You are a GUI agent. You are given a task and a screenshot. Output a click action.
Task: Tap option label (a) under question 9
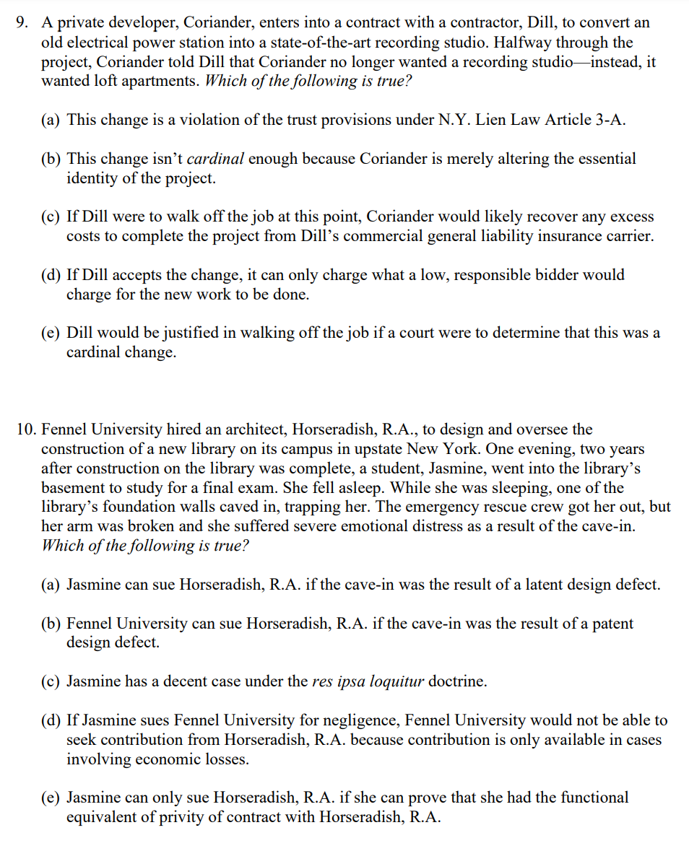51,120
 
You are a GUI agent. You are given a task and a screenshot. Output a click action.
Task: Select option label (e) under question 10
51,798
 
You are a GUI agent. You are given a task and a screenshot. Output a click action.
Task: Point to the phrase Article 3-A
587,120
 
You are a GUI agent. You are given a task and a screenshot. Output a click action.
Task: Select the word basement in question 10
72,488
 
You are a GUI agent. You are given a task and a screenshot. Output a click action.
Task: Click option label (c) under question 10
51,681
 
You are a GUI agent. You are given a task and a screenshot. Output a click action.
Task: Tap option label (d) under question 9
51,275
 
